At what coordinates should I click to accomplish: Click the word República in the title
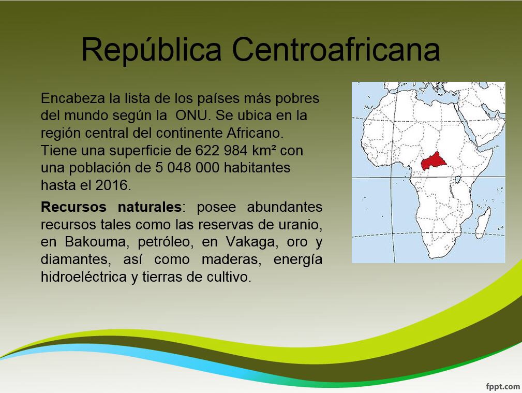[152, 50]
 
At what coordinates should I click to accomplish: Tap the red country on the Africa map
[434, 162]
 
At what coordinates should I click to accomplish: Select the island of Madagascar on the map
[483, 222]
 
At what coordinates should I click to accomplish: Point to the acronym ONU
[191, 115]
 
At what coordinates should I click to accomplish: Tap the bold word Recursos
[73, 207]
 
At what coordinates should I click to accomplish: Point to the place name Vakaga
[250, 242]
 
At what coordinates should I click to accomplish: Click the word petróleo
[164, 242]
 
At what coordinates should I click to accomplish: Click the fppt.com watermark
[503, 387]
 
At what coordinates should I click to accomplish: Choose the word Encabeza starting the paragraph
[73, 98]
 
